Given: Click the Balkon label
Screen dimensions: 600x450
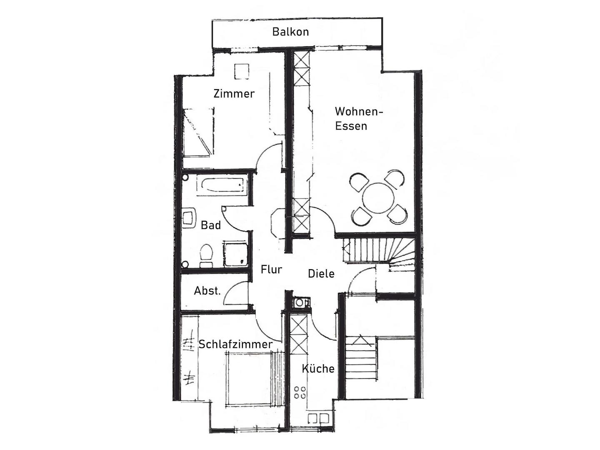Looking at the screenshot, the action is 290,32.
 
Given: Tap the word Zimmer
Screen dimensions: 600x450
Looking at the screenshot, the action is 234,94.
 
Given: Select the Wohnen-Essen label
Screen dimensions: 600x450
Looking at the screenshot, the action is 359,119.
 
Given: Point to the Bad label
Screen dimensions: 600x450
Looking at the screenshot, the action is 211,225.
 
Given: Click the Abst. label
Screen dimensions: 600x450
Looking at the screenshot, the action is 207,291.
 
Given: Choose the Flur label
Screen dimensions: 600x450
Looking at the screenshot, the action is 271,270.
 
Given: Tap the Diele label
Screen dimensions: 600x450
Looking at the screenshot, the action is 321,274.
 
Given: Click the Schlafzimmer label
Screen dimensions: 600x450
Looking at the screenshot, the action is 235,344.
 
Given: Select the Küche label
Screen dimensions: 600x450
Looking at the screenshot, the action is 318,369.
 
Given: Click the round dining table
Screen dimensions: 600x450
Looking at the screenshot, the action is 378,199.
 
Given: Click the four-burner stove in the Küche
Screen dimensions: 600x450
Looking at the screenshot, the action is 300,392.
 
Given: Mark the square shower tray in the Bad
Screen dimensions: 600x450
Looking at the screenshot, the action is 236,254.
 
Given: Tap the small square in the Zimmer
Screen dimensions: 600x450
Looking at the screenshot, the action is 242,72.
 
